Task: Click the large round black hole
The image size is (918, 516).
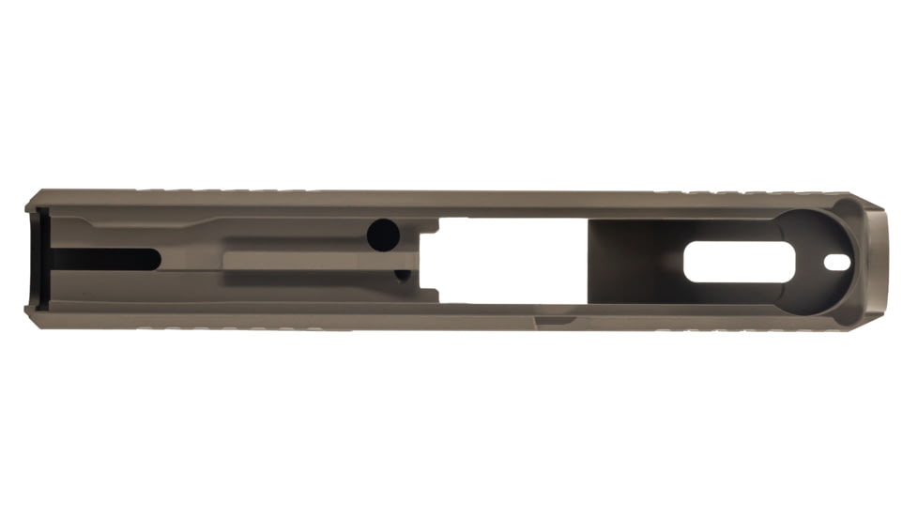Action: tap(382, 235)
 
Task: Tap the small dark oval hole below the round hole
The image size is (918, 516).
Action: tap(402, 275)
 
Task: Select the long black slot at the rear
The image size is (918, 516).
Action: tap(103, 259)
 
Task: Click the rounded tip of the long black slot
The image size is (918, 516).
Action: tap(155, 259)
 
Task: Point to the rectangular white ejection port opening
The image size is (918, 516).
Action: tap(507, 261)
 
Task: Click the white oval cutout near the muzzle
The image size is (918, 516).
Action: tap(727, 262)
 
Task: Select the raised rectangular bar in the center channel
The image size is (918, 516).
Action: tap(310, 260)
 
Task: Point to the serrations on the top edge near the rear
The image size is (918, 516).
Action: tap(235, 190)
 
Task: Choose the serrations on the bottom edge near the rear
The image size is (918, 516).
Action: tap(235, 329)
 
